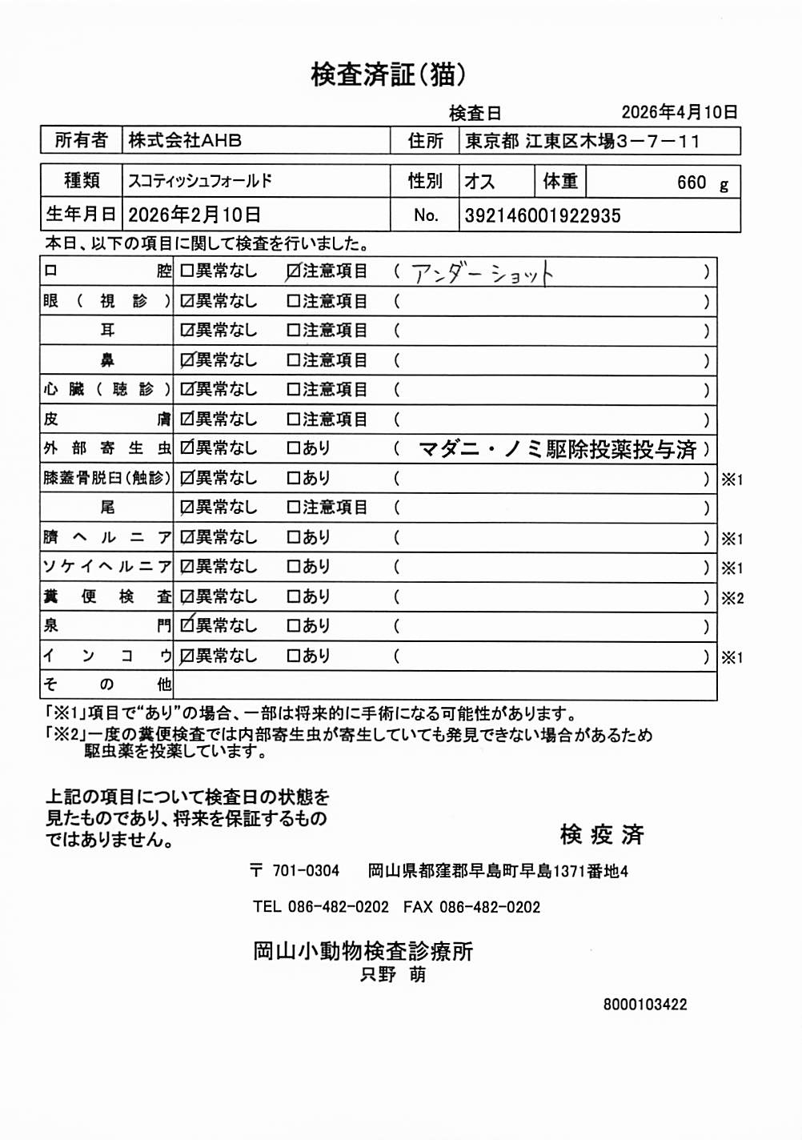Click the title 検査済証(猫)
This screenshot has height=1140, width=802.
tap(388, 74)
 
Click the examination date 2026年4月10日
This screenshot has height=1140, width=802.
tap(679, 112)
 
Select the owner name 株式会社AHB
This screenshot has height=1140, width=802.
tap(185, 140)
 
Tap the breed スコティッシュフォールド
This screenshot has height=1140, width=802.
tap(200, 181)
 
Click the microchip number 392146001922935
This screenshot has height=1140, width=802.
tap(542, 215)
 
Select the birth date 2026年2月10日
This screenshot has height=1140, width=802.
tap(194, 215)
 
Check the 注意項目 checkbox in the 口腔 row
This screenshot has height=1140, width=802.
tap(294, 272)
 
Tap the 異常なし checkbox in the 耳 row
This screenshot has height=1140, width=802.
tap(187, 331)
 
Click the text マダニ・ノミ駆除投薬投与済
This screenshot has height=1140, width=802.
tap(557, 449)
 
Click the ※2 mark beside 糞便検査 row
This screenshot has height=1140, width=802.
tap(732, 598)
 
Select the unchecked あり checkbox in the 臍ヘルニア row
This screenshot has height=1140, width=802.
tap(294, 538)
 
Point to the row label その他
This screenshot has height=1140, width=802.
tap(106, 684)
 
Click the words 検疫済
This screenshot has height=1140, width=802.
tap(602, 834)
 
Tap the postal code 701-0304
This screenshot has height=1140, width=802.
tap(305, 871)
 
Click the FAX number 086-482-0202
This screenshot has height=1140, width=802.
tap(490, 907)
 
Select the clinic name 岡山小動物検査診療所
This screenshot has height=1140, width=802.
tap(363, 951)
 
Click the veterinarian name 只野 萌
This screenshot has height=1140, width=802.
tap(393, 975)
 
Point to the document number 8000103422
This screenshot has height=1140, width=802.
tap(645, 1005)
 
